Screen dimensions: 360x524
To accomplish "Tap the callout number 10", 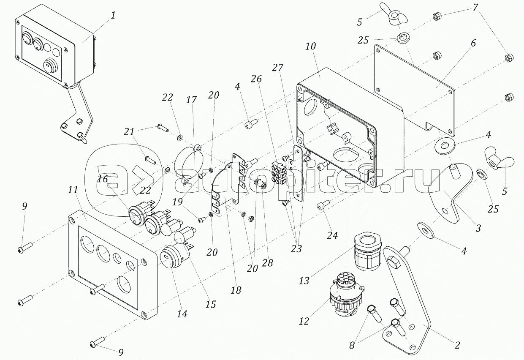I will [310, 46].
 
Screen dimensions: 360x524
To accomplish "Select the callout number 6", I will [472, 44].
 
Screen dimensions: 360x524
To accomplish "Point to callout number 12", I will [304, 321].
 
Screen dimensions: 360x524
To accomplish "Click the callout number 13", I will [304, 281].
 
